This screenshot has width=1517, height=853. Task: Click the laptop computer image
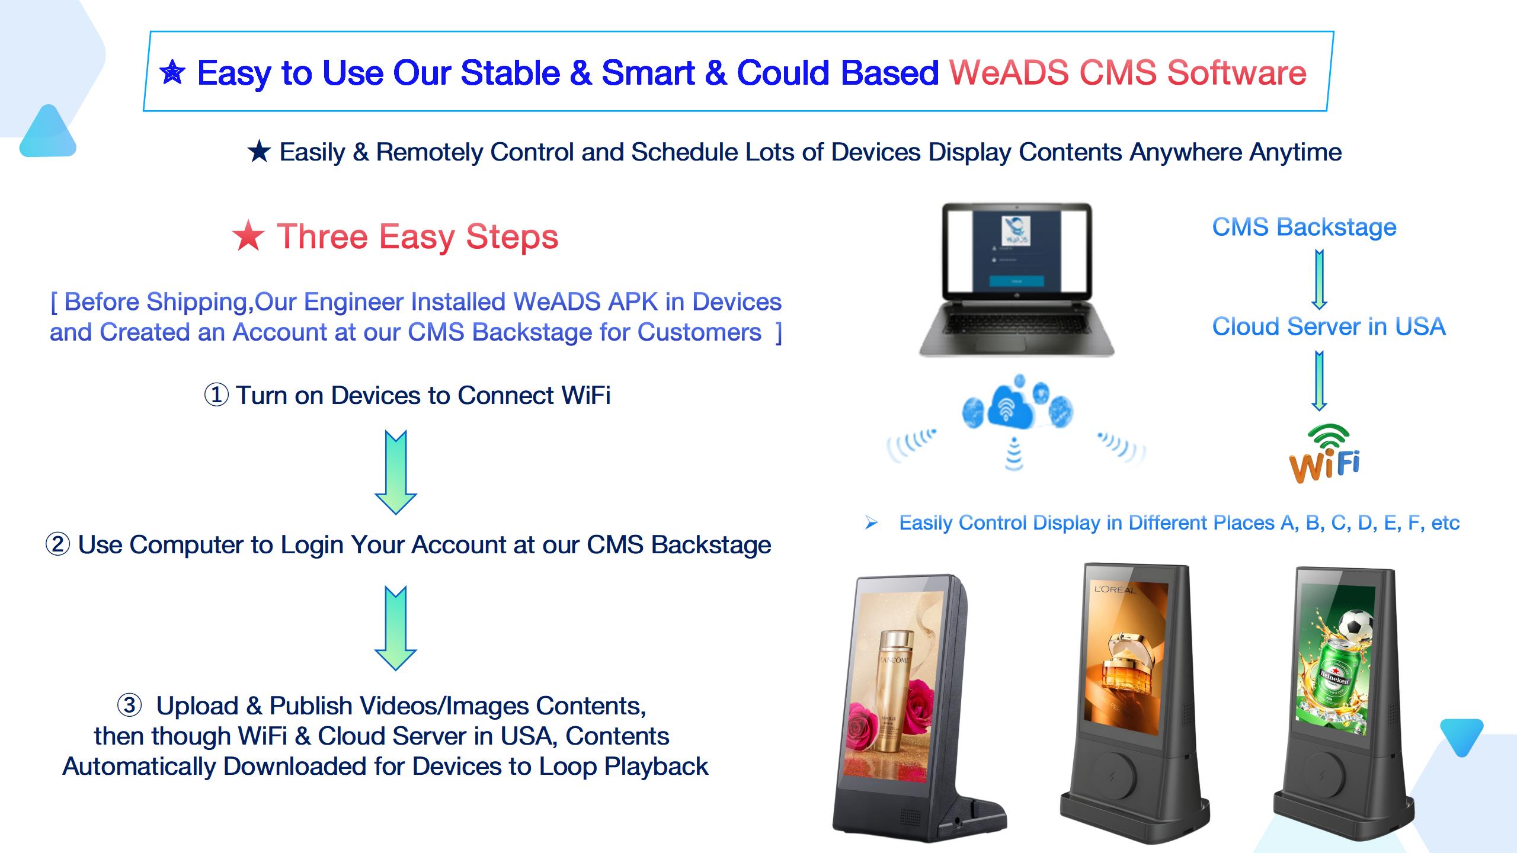tap(1016, 280)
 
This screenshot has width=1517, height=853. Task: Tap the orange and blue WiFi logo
tap(1325, 454)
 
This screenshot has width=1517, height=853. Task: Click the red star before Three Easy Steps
tap(248, 237)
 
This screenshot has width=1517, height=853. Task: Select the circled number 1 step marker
tap(216, 395)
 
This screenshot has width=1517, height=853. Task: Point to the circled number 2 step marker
tap(57, 544)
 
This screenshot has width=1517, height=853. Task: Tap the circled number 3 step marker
tap(129, 705)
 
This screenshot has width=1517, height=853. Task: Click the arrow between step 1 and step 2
tap(396, 472)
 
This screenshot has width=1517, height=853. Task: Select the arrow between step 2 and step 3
tap(396, 628)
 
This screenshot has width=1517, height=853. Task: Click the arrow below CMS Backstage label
tap(1319, 280)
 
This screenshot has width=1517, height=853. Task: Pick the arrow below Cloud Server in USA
tap(1319, 381)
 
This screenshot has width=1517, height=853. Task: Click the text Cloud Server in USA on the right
tap(1329, 326)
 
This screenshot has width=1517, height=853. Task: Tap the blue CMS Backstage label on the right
tap(1304, 227)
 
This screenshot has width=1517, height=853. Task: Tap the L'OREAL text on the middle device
tap(1115, 589)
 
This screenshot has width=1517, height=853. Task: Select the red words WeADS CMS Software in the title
tap(1128, 73)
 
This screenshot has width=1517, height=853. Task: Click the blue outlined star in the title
tap(172, 73)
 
